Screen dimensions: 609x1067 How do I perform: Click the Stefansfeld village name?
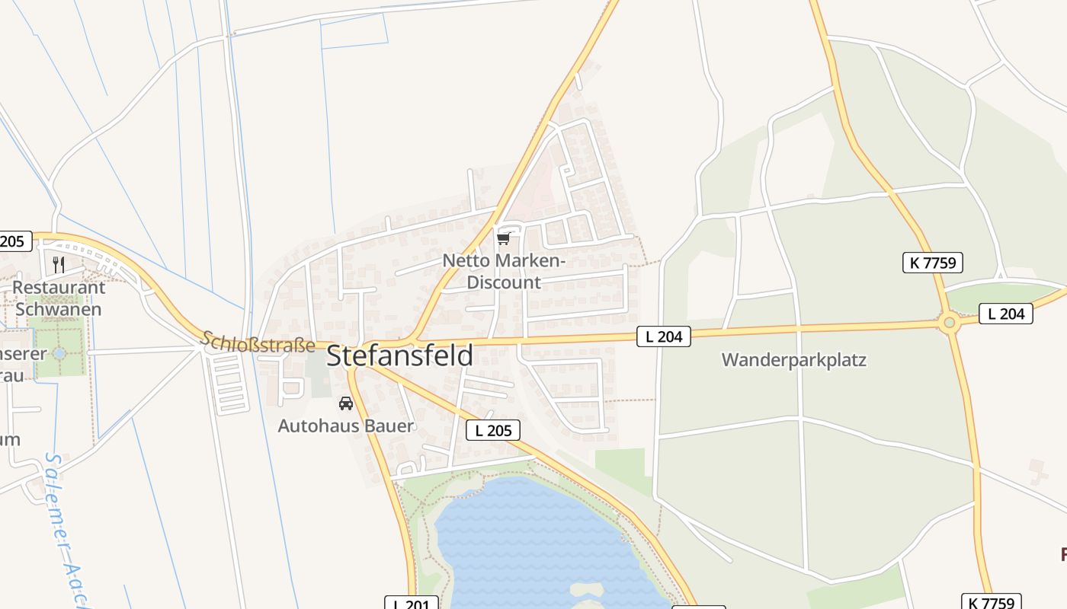click(x=399, y=356)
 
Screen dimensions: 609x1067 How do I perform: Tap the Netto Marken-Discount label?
click(x=504, y=271)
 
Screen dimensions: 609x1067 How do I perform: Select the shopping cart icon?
click(x=503, y=239)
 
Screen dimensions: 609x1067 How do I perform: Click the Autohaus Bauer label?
click(x=345, y=426)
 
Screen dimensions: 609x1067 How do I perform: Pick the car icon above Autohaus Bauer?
click(x=346, y=403)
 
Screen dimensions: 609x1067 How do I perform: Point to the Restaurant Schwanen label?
click(x=59, y=298)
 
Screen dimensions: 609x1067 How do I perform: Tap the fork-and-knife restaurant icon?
click(x=59, y=264)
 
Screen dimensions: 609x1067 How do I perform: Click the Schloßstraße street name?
click(x=258, y=342)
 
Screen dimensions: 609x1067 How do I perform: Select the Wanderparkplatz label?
click(x=793, y=360)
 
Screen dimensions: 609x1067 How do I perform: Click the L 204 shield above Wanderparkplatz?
click(x=664, y=336)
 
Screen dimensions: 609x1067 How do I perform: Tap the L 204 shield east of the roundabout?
click(x=1005, y=313)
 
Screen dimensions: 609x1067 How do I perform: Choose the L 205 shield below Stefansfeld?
click(x=492, y=430)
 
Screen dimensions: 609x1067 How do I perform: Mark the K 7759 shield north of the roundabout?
click(x=932, y=263)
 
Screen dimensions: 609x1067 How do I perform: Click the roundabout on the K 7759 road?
click(x=949, y=323)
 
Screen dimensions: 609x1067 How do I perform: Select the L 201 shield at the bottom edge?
click(x=412, y=603)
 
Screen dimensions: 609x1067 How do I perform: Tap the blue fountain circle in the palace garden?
click(x=59, y=353)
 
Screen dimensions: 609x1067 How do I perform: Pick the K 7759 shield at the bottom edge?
click(x=991, y=602)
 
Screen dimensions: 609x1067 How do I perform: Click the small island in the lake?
click(x=585, y=590)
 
